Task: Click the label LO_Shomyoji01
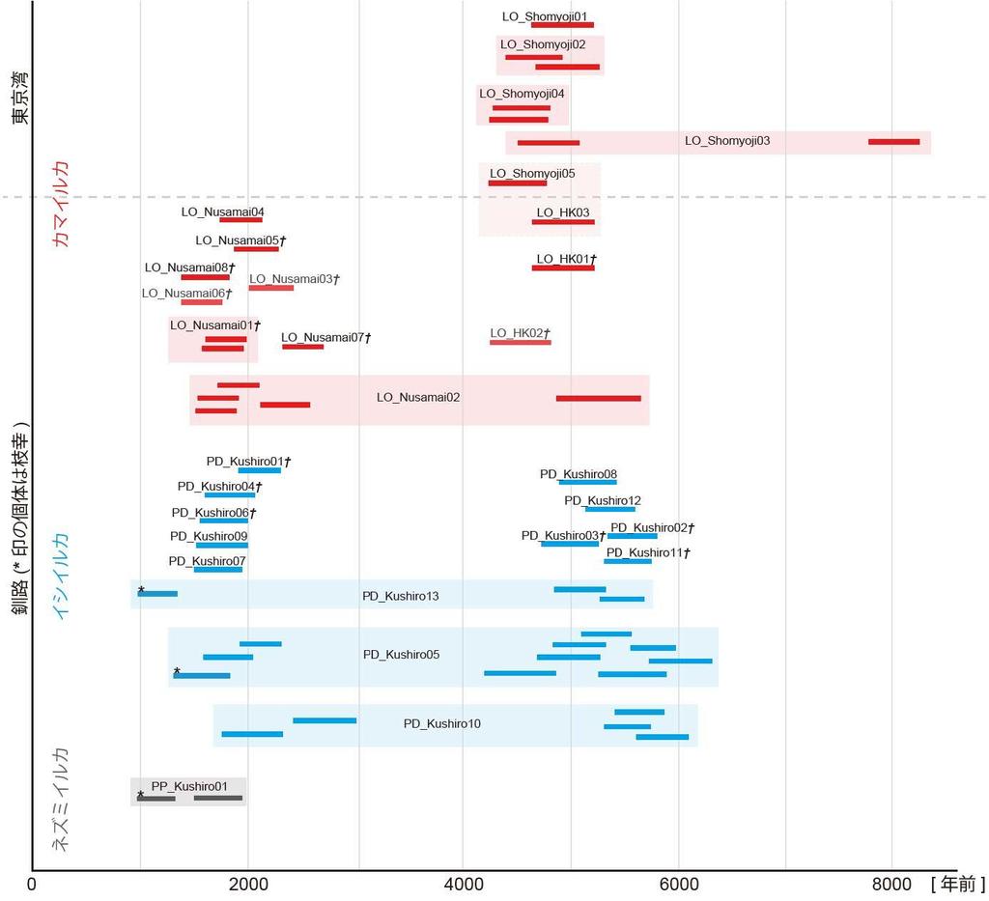544,16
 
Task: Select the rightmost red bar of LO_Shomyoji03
893,142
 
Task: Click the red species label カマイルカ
63,204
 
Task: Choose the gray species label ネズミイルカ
61,800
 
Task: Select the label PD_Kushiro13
400,596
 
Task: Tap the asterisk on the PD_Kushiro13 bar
141,590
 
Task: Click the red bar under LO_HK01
563,267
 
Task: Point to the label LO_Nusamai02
418,397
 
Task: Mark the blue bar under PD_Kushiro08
587,482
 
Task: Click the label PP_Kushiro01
189,786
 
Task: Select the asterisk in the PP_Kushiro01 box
141,796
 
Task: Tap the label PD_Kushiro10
441,723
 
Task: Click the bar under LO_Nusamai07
302,346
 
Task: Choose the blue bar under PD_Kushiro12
609,508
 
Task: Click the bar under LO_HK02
520,342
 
